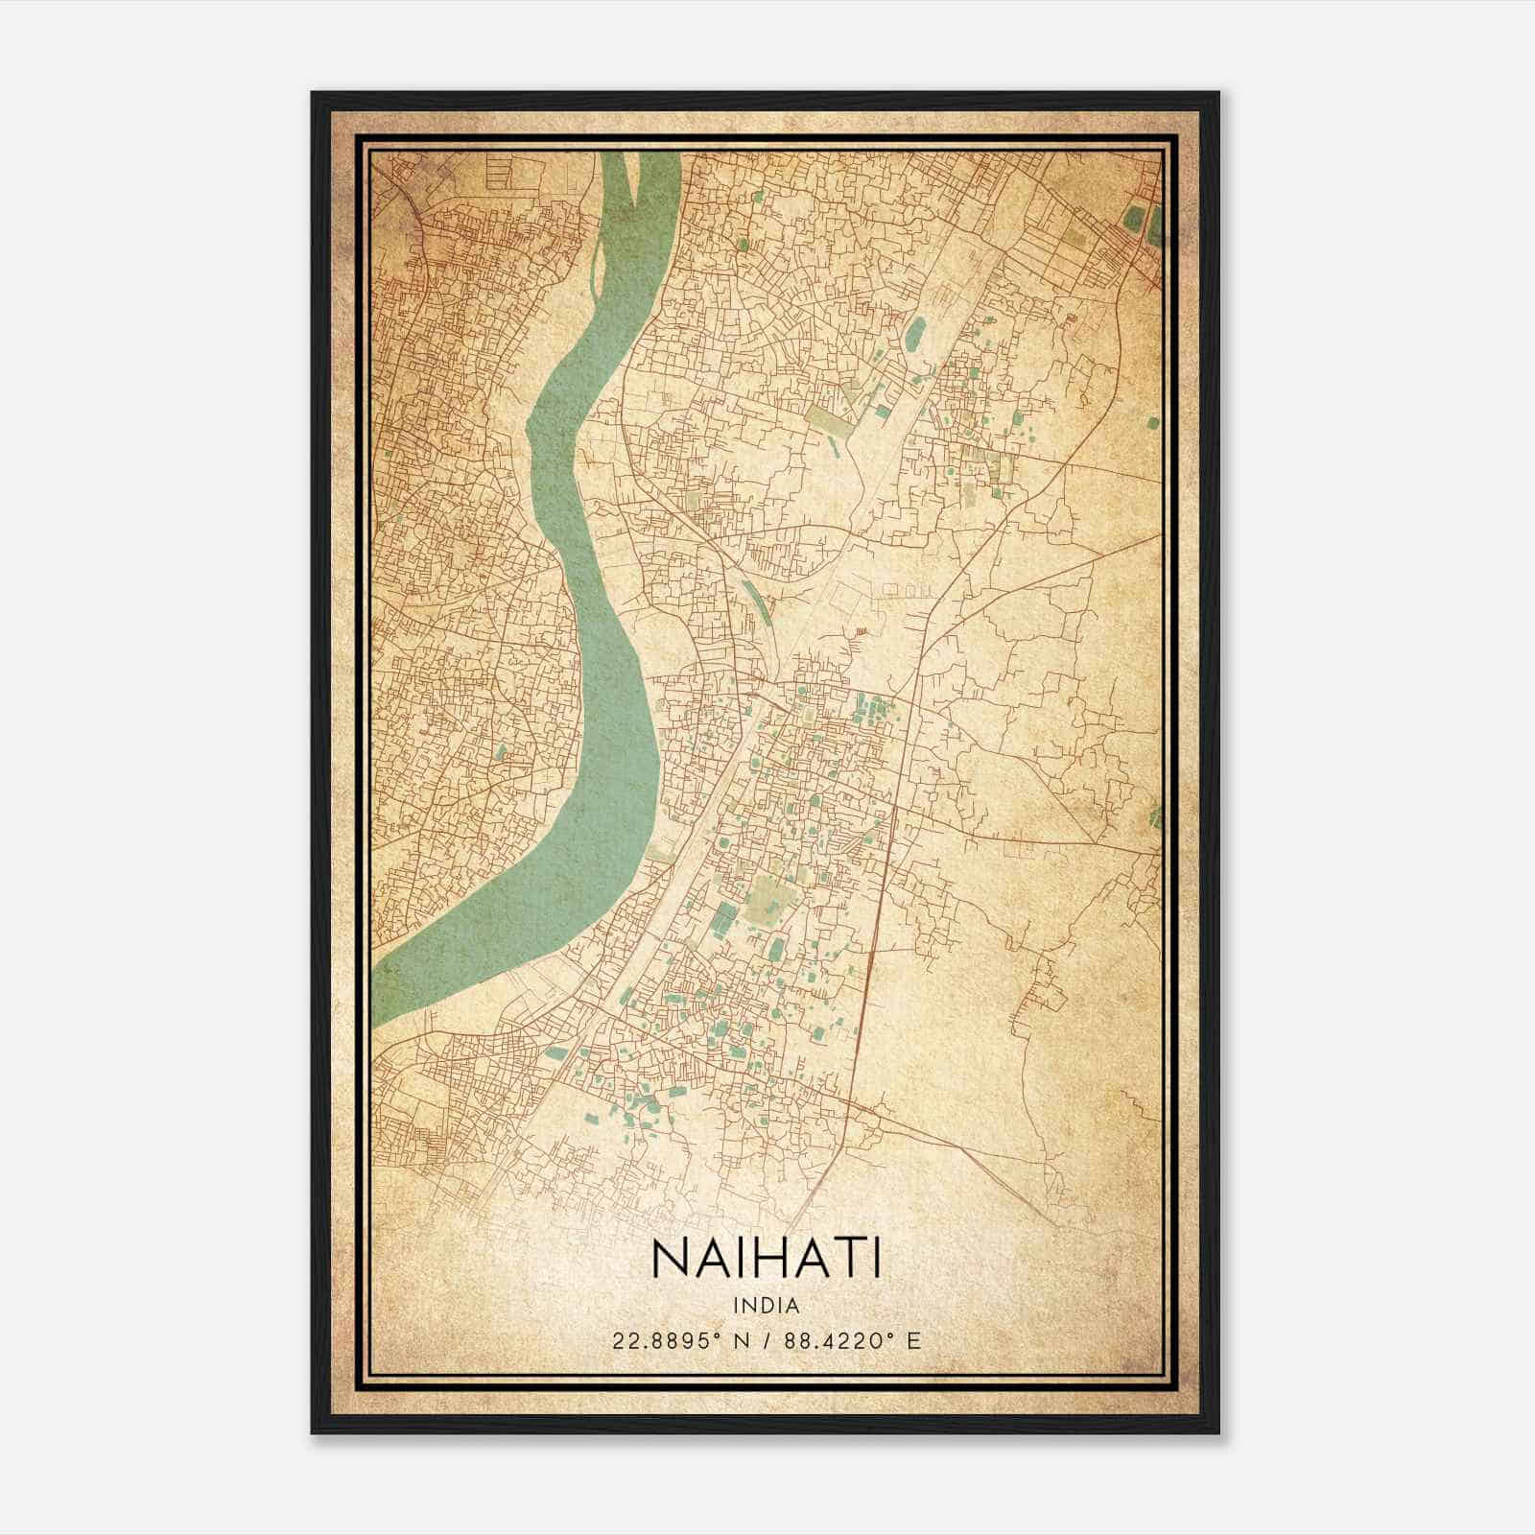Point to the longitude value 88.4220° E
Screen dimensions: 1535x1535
[x=852, y=1340]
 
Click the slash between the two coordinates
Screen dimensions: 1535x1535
[x=767, y=1340]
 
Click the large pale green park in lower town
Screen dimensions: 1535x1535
[x=769, y=896]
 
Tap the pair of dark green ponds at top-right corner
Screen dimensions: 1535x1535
[x=1145, y=223]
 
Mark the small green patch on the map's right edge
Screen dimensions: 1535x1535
[x=1155, y=816]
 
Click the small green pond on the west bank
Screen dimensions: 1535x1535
[x=500, y=754]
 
